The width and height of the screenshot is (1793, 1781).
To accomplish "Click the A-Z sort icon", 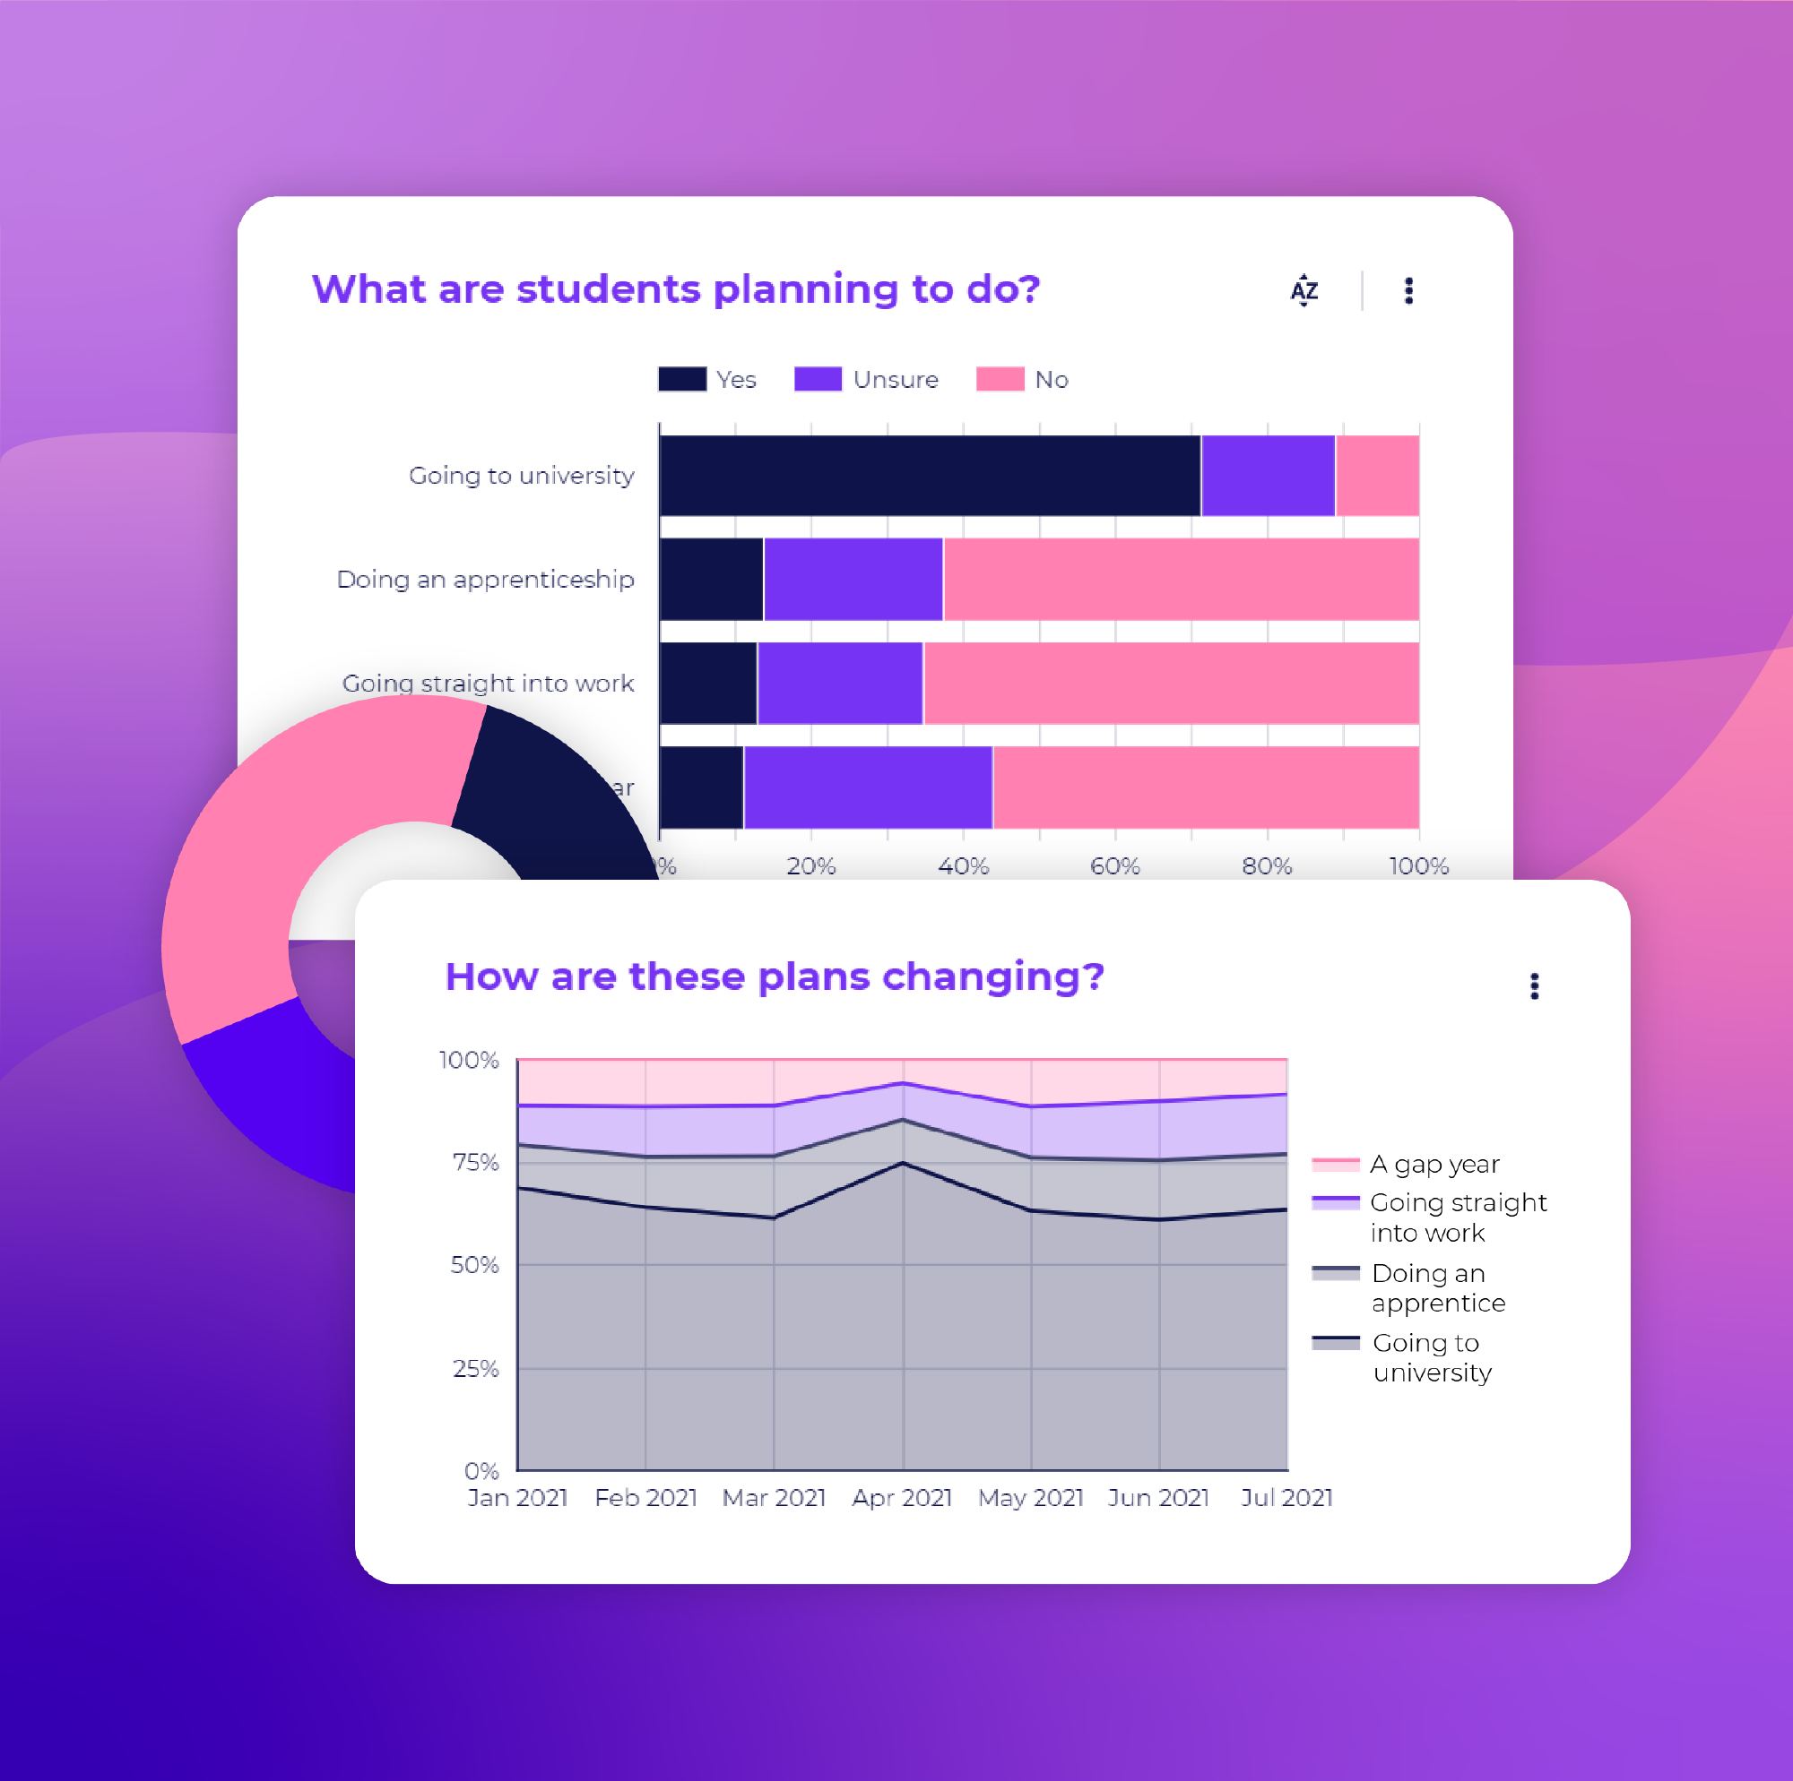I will [1303, 290].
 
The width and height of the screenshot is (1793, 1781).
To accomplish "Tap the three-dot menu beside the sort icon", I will [1408, 290].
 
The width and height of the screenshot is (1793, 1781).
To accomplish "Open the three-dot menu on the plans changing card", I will [1534, 985].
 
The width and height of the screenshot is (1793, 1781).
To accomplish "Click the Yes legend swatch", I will [682, 379].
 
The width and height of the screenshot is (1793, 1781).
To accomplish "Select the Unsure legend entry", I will [866, 379].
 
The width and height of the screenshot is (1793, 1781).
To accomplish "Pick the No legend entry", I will [1022, 379].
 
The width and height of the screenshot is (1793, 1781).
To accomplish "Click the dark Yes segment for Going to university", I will [928, 475].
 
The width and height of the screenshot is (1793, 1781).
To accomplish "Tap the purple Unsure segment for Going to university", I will [1268, 475].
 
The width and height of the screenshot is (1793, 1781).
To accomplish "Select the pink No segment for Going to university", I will [1376, 475].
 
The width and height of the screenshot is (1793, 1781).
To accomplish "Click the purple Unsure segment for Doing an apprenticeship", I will [853, 579].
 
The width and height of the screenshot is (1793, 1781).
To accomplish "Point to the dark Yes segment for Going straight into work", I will [708, 683].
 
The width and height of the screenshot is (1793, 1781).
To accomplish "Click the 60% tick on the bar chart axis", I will [1114, 865].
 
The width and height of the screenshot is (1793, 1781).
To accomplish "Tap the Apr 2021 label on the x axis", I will [902, 1497].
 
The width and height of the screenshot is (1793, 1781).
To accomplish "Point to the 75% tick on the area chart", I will [475, 1162].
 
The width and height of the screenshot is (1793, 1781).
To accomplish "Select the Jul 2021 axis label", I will [1286, 1497].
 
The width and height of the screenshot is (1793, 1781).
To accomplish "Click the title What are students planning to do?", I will [676, 289].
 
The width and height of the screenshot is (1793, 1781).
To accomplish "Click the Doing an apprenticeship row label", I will [485, 580].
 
